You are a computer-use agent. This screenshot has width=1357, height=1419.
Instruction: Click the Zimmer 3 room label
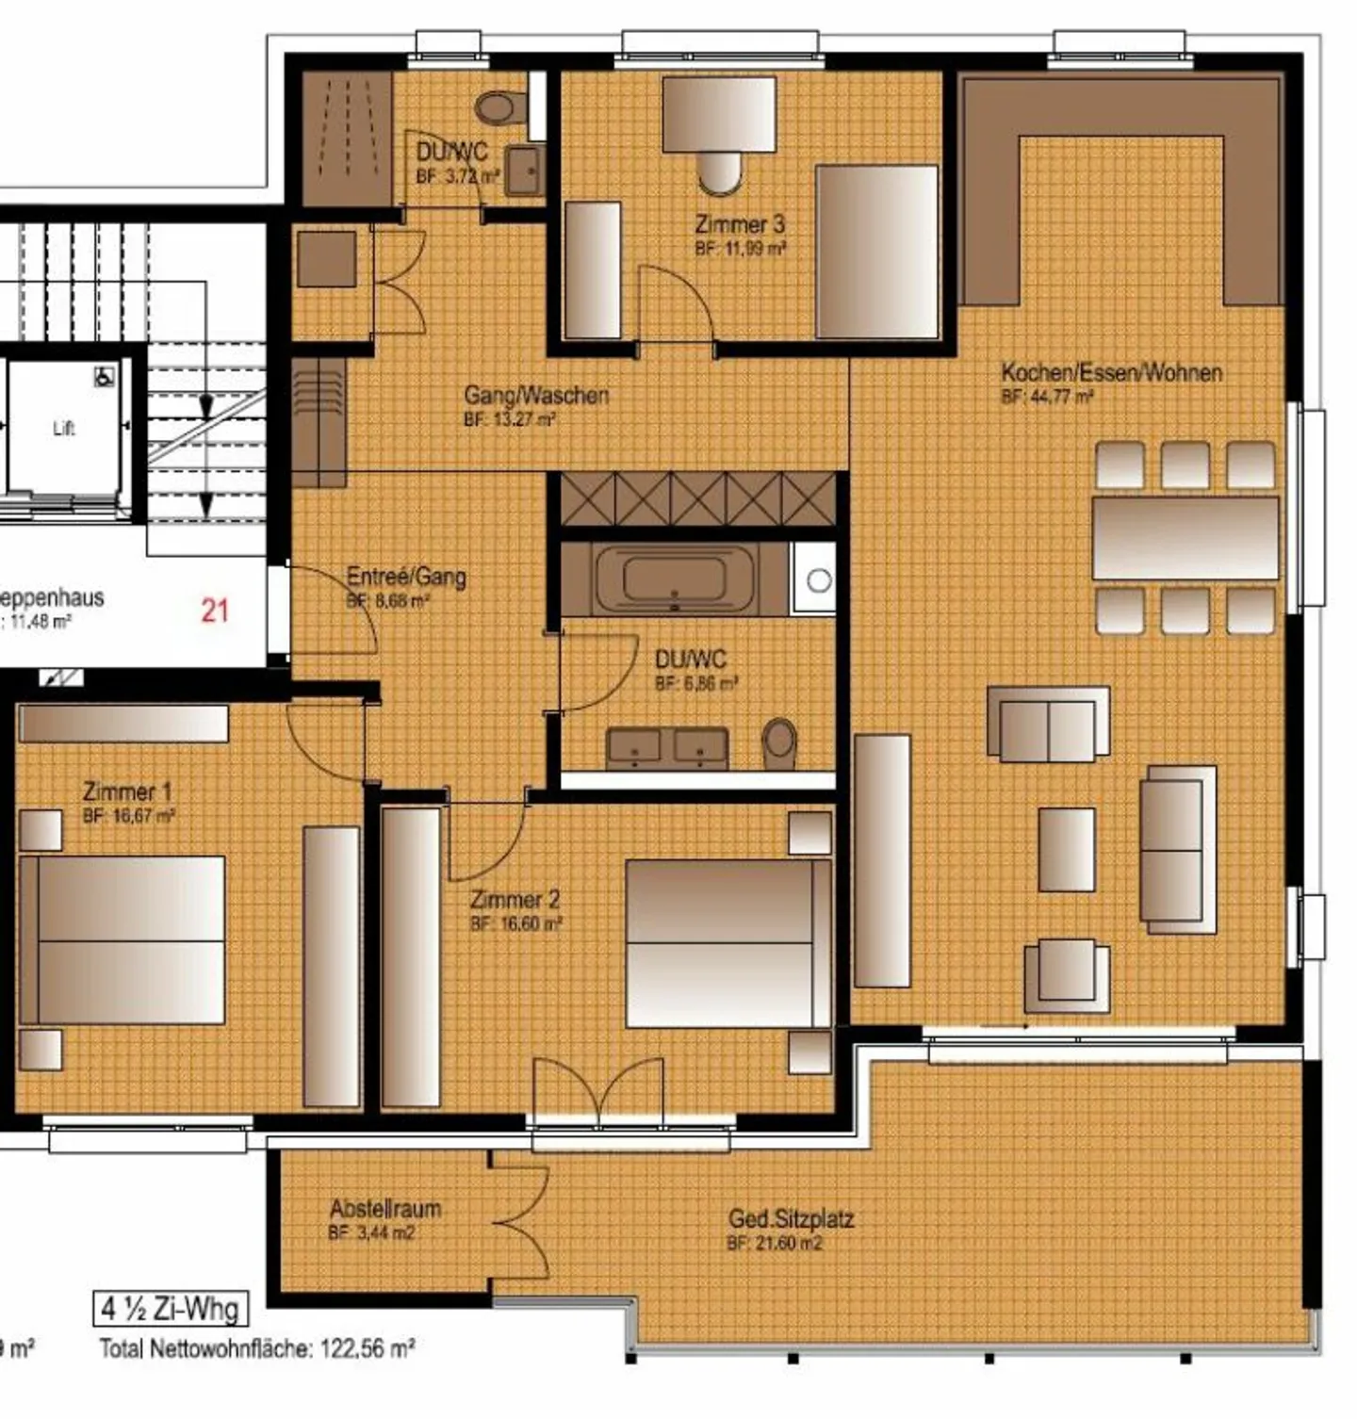[740, 225]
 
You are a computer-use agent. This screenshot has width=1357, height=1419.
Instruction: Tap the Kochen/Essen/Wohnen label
[1111, 373]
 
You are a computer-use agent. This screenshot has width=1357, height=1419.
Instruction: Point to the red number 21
[215, 611]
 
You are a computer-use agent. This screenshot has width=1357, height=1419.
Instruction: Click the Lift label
[63, 429]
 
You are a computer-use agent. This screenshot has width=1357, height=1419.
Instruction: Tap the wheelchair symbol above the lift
[104, 376]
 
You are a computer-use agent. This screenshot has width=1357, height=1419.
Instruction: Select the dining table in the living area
[1185, 538]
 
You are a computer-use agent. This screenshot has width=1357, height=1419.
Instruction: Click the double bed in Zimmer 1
[123, 939]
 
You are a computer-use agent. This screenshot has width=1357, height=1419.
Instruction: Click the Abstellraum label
[384, 1209]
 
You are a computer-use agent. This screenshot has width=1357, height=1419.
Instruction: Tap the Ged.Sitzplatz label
[791, 1219]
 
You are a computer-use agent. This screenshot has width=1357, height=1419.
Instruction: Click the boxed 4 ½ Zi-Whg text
[171, 1309]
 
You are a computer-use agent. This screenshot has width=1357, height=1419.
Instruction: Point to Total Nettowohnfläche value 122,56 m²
[368, 1349]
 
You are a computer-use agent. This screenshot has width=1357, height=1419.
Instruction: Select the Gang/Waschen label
[535, 395]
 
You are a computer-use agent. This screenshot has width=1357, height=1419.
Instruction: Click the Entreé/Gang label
[406, 577]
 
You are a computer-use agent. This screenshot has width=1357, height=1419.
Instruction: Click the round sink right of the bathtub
[819, 580]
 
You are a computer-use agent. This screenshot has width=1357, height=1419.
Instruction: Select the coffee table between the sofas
[1066, 849]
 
